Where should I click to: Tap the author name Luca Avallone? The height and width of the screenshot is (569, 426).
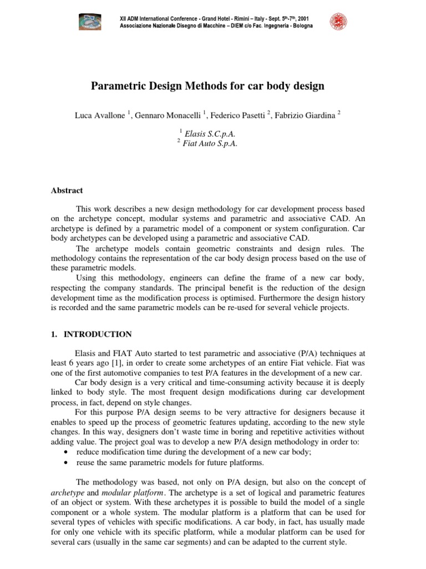pyautogui.click(x=100, y=115)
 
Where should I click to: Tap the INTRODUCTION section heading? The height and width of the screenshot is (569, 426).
pyautogui.click(x=98, y=335)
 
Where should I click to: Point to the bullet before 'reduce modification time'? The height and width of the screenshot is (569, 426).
pyautogui.click(x=67, y=453)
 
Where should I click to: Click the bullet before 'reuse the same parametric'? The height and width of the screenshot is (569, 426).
pyautogui.click(x=67, y=463)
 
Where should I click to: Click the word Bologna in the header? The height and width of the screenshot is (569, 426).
pyautogui.click(x=299, y=26)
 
